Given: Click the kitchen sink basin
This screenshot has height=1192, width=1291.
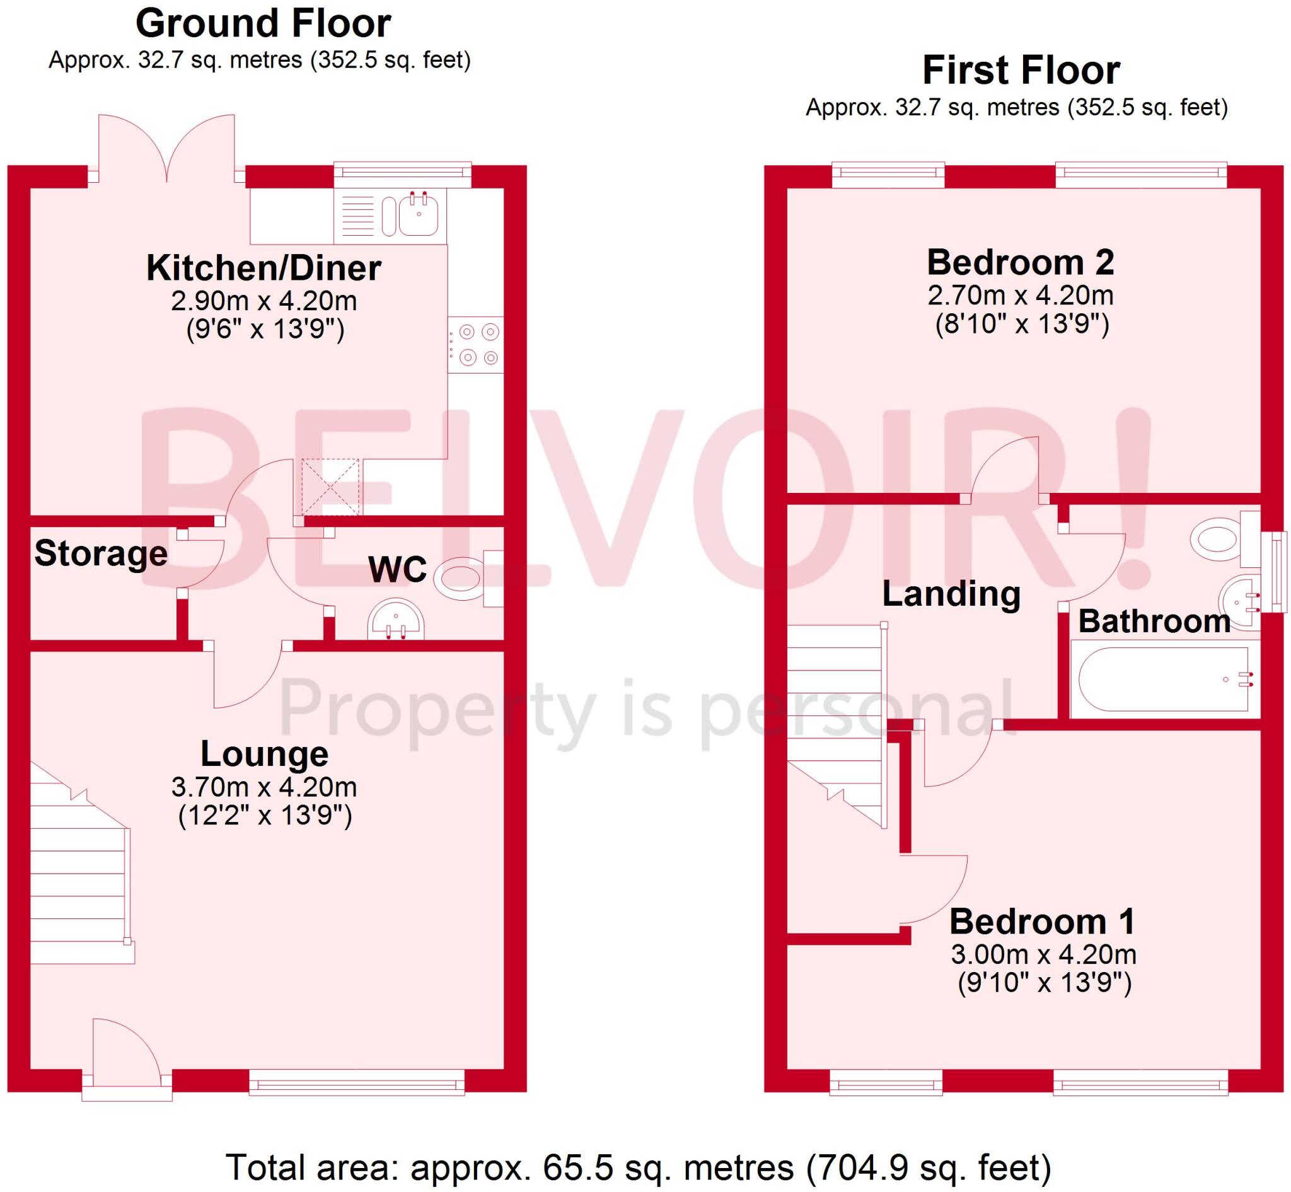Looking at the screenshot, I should tap(419, 215).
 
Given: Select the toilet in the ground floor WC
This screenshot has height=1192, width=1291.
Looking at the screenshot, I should tap(460, 579).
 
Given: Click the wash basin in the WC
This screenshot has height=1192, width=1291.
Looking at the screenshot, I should tap(395, 622).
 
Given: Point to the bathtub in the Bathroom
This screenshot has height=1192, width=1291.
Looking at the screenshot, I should tap(1163, 680).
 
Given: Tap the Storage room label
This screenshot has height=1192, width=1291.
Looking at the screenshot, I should tap(101, 553).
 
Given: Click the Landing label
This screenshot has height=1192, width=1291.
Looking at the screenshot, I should tap(951, 593).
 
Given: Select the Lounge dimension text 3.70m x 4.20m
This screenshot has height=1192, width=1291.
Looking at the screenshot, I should tap(264, 787).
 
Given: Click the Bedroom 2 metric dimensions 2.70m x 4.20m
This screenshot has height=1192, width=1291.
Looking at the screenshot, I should tap(1021, 296).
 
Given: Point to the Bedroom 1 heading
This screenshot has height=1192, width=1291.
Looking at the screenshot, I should tap(1042, 921).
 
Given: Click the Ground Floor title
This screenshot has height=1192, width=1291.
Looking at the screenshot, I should tap(263, 24).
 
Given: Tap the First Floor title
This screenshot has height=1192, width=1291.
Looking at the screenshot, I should tap(1021, 71).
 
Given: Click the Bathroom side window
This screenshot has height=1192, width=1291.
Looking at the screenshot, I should tap(1275, 571).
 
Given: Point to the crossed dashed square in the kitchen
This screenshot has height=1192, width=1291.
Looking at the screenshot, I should tap(330, 487).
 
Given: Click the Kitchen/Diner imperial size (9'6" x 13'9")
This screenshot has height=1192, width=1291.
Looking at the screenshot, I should tap(265, 330).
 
